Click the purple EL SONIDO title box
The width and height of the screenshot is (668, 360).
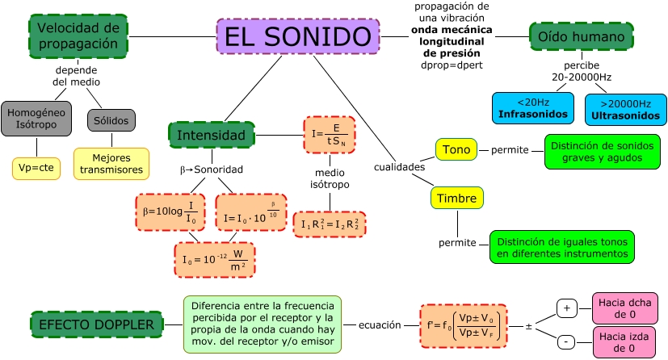pyautogui.click(x=297, y=37)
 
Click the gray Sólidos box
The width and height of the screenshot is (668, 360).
pyautogui.click(x=111, y=119)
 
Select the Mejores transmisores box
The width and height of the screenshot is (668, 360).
pyautogui.click(x=111, y=163)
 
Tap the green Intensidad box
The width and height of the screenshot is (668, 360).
pyautogui.click(x=211, y=135)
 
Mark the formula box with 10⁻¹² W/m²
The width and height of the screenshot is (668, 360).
pyautogui.click(x=214, y=259)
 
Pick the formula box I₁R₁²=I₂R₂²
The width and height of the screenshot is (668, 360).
pyautogui.click(x=330, y=224)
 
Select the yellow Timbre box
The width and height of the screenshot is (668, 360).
pyautogui.click(x=457, y=198)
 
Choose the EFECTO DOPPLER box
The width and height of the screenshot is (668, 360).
pyautogui.click(x=96, y=324)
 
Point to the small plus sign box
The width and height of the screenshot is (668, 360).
pyautogui.click(x=566, y=308)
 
